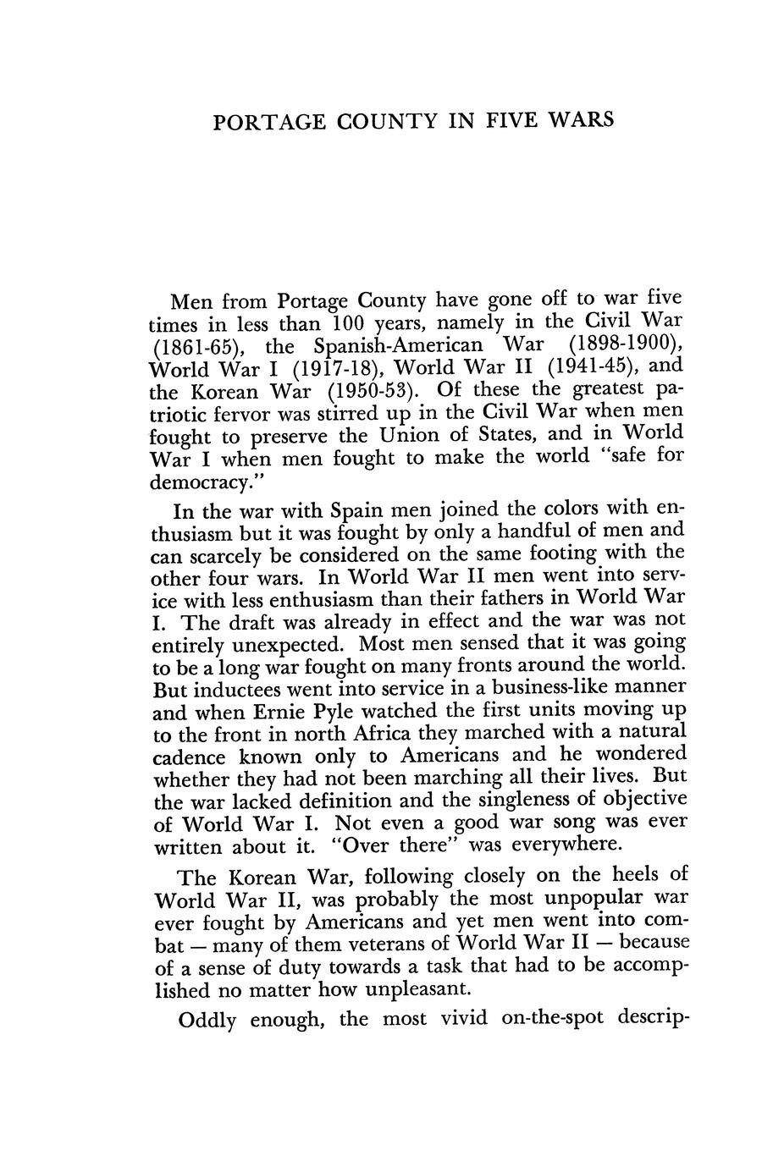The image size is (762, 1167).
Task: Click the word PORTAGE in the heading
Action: (263, 121)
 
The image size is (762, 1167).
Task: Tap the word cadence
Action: (189, 757)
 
